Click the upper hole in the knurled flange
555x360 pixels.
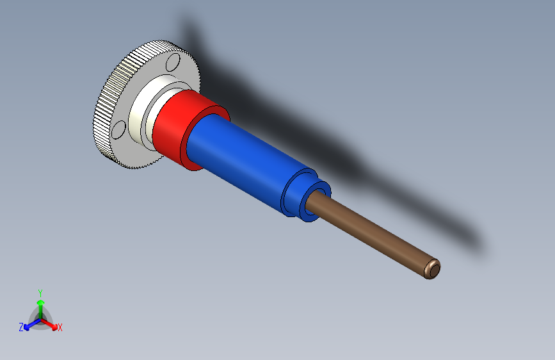172,63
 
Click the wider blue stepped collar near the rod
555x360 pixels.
296,192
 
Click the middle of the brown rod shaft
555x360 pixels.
371,234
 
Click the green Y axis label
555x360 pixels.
40,292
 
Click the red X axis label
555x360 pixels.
60,328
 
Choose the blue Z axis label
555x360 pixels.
21,327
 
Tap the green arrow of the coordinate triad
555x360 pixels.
40,304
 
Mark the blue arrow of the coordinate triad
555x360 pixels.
29,325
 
